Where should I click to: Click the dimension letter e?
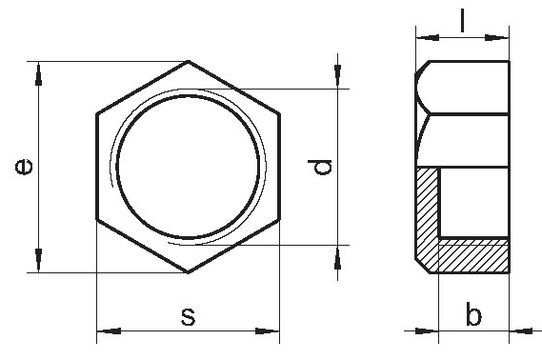pyautogui.click(x=24, y=167)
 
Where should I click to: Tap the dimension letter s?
pyautogui.click(x=188, y=316)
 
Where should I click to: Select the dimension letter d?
pyautogui.click(x=320, y=167)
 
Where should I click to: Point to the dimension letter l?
pyautogui.click(x=462, y=21)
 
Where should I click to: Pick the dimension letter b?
pyautogui.click(x=473, y=313)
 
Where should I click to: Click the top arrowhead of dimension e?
pyautogui.click(x=38, y=73)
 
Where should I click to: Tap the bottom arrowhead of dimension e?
pyautogui.click(x=38, y=260)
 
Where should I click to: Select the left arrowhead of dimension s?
pyautogui.click(x=109, y=331)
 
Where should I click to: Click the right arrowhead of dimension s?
pyautogui.click(x=268, y=331)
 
